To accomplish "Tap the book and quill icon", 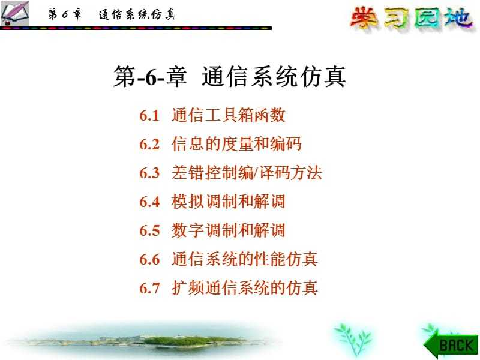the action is click(x=14, y=13).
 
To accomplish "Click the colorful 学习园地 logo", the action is click(x=412, y=19).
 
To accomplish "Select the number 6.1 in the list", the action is click(x=149, y=116).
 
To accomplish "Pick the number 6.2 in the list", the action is click(x=149, y=145).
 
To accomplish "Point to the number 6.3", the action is click(x=149, y=173).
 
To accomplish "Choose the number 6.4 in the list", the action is click(x=149, y=202).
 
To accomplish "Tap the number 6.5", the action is click(x=149, y=231).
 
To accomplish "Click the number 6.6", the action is click(x=149, y=260).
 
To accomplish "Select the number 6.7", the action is click(x=149, y=289).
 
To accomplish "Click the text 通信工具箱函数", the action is click(x=229, y=115).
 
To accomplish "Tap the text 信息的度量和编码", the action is click(x=236, y=144).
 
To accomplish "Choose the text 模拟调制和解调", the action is click(x=229, y=202).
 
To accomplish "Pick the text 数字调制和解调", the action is click(x=229, y=230).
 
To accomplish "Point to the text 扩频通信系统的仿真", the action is click(x=244, y=288).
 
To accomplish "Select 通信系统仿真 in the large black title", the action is click(x=274, y=77).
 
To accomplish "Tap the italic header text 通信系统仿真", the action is click(x=137, y=14).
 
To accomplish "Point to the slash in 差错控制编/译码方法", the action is click(x=256, y=173).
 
